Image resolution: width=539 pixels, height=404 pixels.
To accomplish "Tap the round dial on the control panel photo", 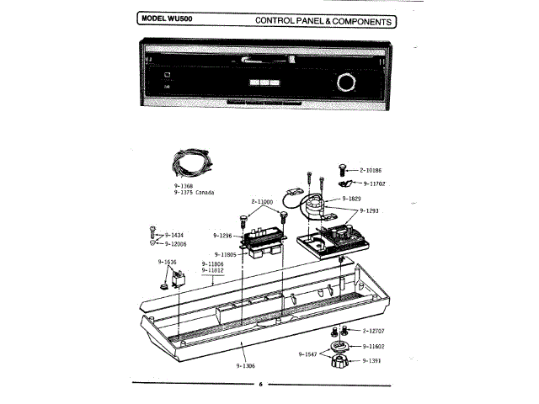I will (x=345, y=82).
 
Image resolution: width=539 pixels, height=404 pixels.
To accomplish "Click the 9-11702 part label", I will (x=376, y=182).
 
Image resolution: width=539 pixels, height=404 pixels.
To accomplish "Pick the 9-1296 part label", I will (x=222, y=236).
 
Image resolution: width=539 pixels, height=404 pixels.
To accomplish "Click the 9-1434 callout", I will (x=174, y=235).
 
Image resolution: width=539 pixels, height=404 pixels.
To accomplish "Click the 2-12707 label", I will (x=375, y=332).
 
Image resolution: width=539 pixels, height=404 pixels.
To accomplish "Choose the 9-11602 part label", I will (x=375, y=346).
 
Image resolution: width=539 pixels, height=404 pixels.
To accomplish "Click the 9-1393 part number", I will (x=372, y=360).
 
